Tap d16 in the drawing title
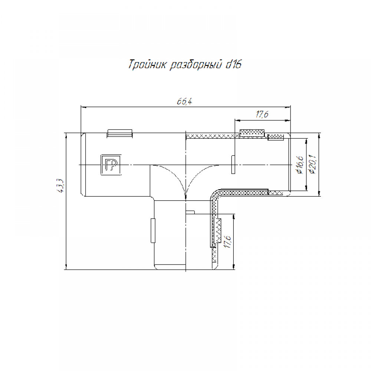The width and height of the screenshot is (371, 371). tap(233, 64)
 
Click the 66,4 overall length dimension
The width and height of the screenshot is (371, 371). tap(184, 102)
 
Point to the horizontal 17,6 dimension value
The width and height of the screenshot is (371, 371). tap(262, 115)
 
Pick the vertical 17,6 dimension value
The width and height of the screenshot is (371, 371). tap(228, 242)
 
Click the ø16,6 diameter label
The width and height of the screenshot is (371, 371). tap(300, 165)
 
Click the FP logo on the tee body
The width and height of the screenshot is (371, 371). tap(111, 165)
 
